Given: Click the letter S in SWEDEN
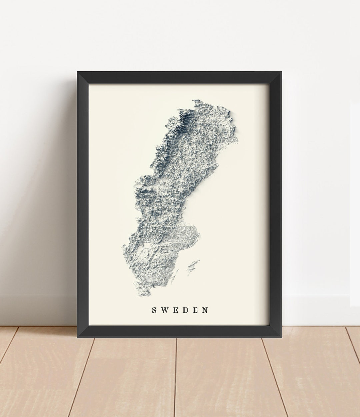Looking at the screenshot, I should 154,310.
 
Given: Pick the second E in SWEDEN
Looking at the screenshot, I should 195,310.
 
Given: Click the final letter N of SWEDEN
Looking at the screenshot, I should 205,310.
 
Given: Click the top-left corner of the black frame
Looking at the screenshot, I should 78,72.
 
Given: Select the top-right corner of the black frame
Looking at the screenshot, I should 281,72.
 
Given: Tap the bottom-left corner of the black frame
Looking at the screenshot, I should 78,337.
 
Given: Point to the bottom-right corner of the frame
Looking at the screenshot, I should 281,337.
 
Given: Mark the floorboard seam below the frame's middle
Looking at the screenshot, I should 176,376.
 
